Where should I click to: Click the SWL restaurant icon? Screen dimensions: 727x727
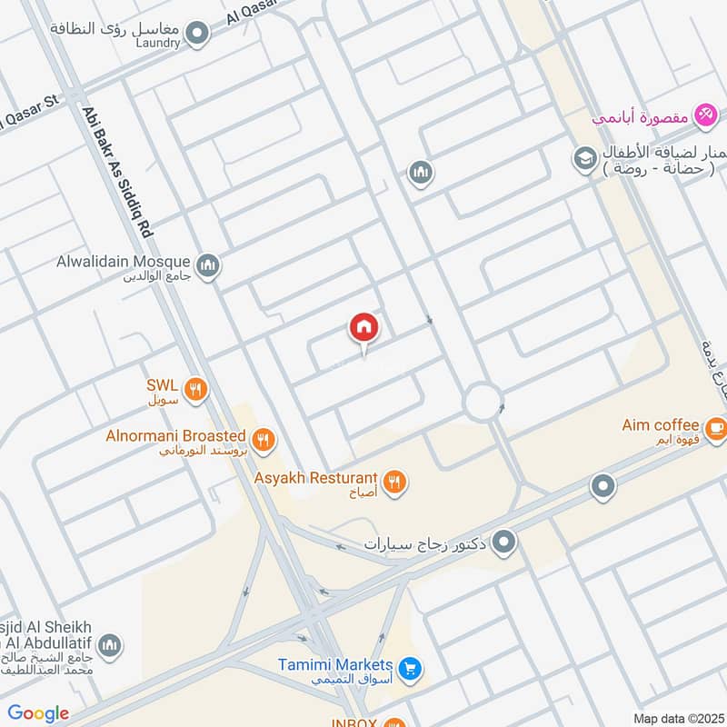(195, 391)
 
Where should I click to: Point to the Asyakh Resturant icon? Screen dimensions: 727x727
(393, 482)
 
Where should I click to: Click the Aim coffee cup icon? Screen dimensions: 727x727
(715, 426)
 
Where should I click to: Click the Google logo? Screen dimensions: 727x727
(38, 713)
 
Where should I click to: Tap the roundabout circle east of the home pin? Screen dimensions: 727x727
(482, 401)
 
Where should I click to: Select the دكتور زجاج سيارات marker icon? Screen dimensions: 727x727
(506, 544)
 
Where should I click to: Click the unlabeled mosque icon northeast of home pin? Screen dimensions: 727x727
(419, 172)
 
